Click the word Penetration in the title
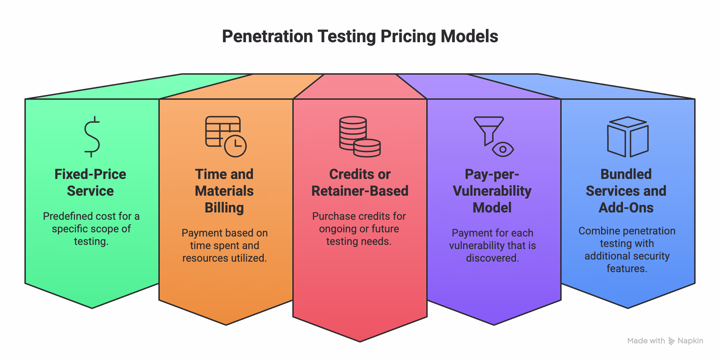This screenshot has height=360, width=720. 268,36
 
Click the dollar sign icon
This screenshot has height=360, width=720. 92,137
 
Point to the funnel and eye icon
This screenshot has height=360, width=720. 494,136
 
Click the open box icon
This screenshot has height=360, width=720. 628,136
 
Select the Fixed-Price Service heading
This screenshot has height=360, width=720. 90,182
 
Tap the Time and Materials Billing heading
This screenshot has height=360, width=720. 224,191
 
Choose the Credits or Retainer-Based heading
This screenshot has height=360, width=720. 360,182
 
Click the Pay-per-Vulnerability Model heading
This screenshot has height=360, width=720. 492,191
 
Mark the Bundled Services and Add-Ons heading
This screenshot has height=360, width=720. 626,191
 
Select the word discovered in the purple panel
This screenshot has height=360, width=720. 493,258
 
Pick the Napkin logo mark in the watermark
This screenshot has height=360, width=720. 672,341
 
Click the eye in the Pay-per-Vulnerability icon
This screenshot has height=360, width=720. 503,149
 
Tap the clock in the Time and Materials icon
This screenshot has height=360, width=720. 235,146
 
